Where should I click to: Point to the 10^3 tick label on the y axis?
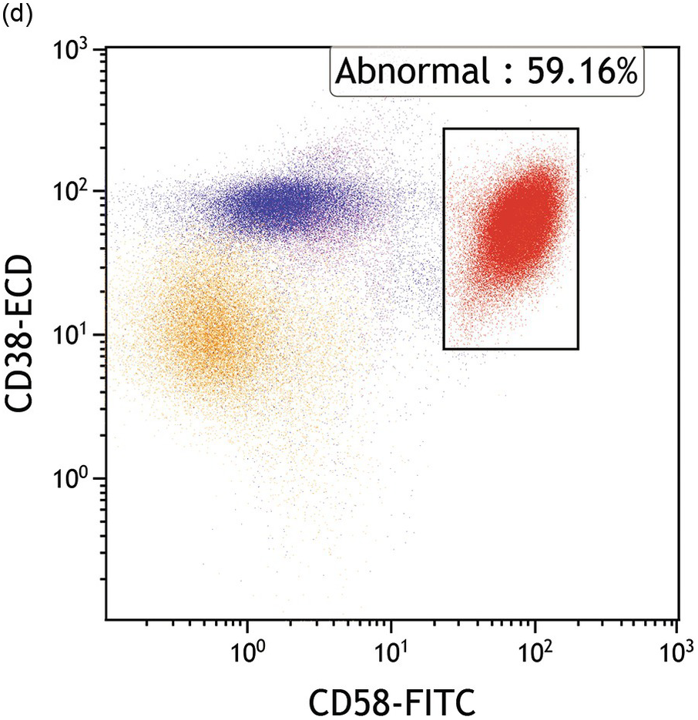point(76,51)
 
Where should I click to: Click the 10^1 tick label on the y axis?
point(76,337)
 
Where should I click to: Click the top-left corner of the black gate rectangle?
point(445,129)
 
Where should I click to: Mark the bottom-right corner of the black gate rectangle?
point(578,349)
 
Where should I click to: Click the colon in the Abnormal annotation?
point(493,74)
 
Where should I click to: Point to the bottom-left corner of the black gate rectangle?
point(445,349)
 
